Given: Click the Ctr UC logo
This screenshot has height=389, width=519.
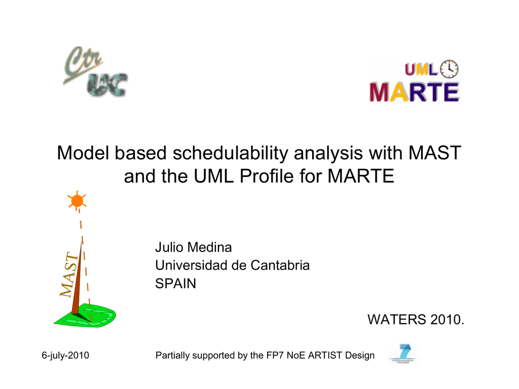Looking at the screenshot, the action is click(95, 71).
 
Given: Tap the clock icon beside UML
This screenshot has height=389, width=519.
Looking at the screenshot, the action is click(449, 69).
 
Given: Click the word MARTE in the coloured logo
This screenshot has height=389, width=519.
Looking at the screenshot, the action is click(415, 92).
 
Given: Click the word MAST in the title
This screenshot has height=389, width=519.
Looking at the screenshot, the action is click(434, 153).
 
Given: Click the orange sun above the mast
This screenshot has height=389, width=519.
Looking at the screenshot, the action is click(77, 201).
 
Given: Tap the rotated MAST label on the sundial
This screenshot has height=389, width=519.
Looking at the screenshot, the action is click(69, 274).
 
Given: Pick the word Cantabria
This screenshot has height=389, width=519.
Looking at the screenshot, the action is click(280, 265).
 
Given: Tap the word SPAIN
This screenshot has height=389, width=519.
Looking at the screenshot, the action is click(175, 284).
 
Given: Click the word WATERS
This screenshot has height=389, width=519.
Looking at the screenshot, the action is click(397, 320).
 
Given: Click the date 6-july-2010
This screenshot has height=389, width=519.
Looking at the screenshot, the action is click(65, 355).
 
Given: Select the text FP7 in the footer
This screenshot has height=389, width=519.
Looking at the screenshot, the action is click(275, 355).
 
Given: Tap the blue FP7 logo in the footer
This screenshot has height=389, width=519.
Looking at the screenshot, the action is click(403, 354).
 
